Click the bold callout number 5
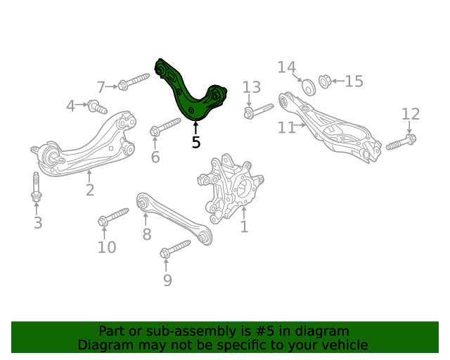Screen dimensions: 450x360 (196, 143)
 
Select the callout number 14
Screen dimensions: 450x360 (286, 67)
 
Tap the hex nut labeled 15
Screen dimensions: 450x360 (325, 82)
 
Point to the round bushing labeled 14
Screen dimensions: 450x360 (309, 87)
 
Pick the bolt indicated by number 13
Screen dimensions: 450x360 (258, 111)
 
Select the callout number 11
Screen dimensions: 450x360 (286, 127)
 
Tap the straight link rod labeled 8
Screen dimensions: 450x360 (174, 218)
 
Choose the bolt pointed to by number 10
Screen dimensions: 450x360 (113, 217)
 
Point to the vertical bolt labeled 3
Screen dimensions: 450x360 (36, 186)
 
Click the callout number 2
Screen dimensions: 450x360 (90, 190)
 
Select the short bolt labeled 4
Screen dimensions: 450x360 (97, 107)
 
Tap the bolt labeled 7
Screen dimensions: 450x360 (134, 82)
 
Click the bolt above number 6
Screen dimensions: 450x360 (165, 127)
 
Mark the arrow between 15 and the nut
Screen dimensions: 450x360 (338, 82)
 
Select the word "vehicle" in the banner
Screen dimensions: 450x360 (348, 345)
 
